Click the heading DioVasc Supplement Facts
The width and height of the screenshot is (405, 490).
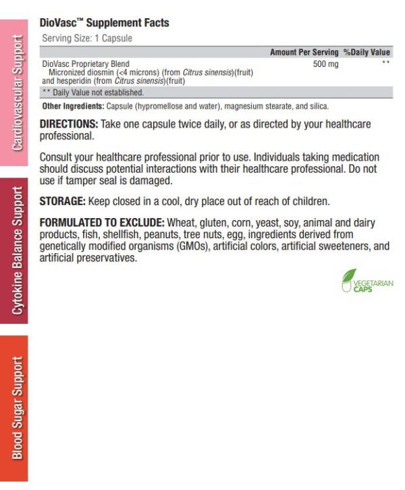pyautogui.click(x=104, y=23)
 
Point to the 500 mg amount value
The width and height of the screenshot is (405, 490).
pyautogui.click(x=325, y=63)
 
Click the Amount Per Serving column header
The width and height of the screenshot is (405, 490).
pyautogui.click(x=304, y=52)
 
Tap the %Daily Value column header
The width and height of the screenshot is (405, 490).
pyautogui.click(x=367, y=52)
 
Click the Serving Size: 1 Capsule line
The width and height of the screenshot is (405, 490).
pyautogui.click(x=87, y=38)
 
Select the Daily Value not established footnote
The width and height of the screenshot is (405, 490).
pyautogui.click(x=93, y=92)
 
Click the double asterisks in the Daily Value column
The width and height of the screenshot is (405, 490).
pyautogui.click(x=385, y=63)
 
